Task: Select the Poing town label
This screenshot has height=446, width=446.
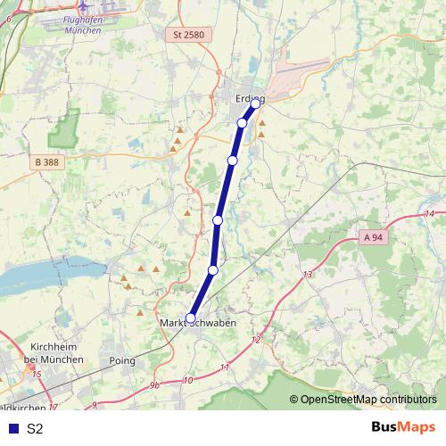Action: point(121,361)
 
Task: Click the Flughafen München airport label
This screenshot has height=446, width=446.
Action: point(83,23)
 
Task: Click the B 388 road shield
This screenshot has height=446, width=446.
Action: point(48,162)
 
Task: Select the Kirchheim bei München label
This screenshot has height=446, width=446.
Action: point(56,351)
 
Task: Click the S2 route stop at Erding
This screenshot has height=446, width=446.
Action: point(256,103)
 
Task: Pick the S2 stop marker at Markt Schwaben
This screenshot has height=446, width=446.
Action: point(190,317)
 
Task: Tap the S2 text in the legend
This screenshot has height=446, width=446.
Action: point(35,429)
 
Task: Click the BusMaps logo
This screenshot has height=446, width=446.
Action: point(403,427)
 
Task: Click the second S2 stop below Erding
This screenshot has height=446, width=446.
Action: point(233,161)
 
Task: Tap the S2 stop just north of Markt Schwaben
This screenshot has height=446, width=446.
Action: point(212,269)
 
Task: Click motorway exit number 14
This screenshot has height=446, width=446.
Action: point(429,214)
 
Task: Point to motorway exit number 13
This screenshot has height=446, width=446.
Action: point(308,275)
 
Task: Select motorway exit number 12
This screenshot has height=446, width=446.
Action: point(256,340)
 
